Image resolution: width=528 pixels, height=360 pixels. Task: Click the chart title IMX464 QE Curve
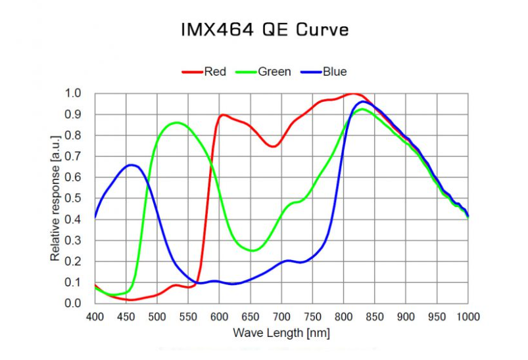[x=264, y=30]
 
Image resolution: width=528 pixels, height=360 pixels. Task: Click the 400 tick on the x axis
[x=95, y=317]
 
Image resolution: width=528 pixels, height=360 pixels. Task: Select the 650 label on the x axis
[x=251, y=317]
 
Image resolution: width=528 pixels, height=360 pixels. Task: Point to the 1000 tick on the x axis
[x=468, y=317]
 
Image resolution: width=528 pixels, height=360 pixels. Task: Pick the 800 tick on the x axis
[x=344, y=317]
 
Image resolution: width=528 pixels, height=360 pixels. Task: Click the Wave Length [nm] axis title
[x=281, y=333]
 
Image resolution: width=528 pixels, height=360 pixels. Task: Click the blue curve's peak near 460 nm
[x=132, y=165]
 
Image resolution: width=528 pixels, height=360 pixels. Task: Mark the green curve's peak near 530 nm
[x=176, y=122]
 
